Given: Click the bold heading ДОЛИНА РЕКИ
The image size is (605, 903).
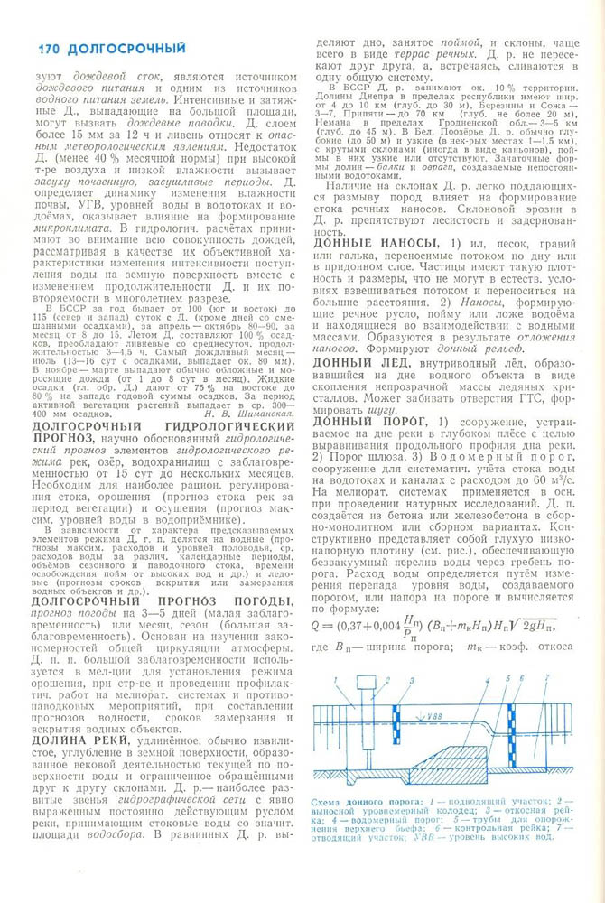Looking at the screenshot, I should click(80, 740).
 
